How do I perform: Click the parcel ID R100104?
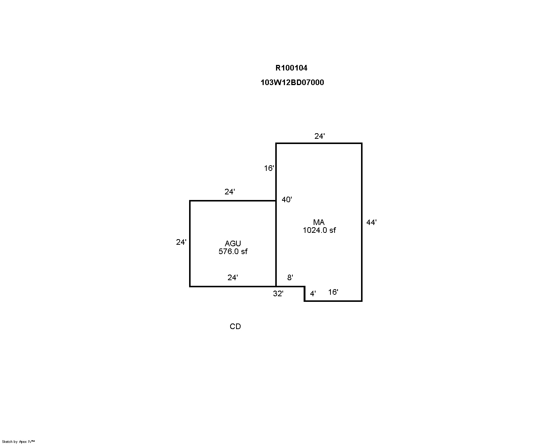pos(291,68)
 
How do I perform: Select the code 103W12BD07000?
pos(292,82)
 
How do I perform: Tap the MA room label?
pos(319,222)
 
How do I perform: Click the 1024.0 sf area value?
pos(319,230)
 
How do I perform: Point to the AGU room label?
pos(233,243)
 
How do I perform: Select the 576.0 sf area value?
pos(233,251)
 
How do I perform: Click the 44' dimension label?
pos(371,222)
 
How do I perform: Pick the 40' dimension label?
pos(287,199)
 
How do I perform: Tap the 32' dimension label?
pos(278,294)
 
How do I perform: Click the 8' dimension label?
pos(290,277)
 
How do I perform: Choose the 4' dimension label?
pos(313,294)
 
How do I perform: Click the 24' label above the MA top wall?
pos(320,136)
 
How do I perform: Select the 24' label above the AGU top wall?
pos(229,192)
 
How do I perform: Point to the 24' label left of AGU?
pos(181,242)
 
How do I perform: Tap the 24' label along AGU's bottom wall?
pos(233,277)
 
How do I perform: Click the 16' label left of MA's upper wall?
pos(269,168)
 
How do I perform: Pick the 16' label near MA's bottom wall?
pos(333,292)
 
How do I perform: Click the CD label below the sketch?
pos(235,326)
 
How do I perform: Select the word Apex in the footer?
pos(23,442)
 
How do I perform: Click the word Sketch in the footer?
pos(7,442)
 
